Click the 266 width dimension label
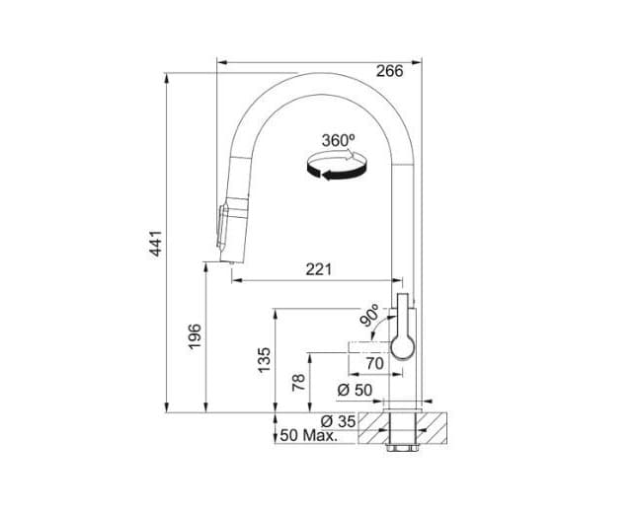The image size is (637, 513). (389, 71)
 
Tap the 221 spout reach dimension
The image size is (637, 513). (318, 268)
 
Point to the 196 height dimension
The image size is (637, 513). (195, 335)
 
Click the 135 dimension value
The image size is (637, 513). (264, 359)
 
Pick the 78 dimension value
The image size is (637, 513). (298, 381)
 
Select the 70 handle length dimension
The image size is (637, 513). (373, 363)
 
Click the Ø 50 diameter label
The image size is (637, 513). (355, 390)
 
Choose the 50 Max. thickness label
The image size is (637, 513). (307, 435)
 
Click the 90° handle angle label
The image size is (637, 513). (369, 316)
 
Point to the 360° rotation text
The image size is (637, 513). (338, 141)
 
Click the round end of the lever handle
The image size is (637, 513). (405, 344)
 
